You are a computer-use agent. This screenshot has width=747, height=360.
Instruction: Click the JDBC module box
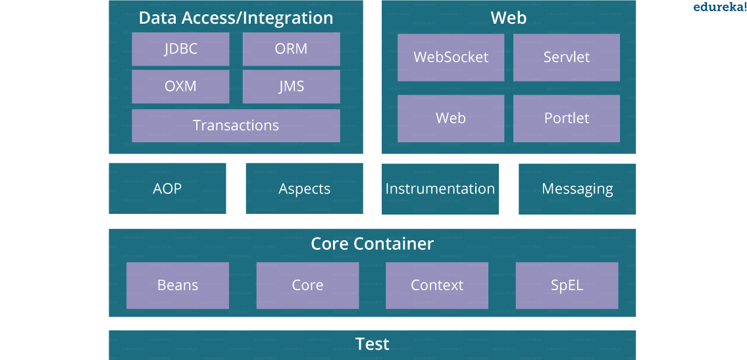(x=180, y=49)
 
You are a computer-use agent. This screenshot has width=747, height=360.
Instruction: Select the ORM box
(x=291, y=49)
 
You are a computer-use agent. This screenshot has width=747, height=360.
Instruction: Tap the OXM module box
(x=180, y=87)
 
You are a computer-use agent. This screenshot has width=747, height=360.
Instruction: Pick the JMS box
(x=291, y=87)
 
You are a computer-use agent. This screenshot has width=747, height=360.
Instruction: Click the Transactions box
(x=236, y=126)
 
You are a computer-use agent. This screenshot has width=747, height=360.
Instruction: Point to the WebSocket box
(x=451, y=57)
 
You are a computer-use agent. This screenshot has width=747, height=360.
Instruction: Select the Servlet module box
(x=566, y=57)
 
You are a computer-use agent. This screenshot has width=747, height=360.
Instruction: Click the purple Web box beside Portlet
(x=451, y=118)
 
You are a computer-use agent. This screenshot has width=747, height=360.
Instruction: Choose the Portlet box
(x=566, y=118)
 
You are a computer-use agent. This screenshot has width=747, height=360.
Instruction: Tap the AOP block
(x=167, y=189)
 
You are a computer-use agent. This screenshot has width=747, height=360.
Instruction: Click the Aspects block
(x=304, y=189)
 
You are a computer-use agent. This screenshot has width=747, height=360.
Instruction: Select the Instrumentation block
(x=440, y=189)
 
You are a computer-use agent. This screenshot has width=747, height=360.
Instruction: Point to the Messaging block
(x=577, y=189)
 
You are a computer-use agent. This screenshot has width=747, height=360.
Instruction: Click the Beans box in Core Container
(x=178, y=286)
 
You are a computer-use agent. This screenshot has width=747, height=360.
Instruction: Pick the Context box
(x=437, y=286)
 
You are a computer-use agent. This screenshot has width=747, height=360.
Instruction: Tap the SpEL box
(x=567, y=286)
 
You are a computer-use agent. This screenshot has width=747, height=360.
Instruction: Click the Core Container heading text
(x=373, y=244)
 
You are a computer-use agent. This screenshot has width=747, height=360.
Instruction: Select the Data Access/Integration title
(x=236, y=18)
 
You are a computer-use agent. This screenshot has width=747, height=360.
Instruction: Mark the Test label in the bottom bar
(x=373, y=344)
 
